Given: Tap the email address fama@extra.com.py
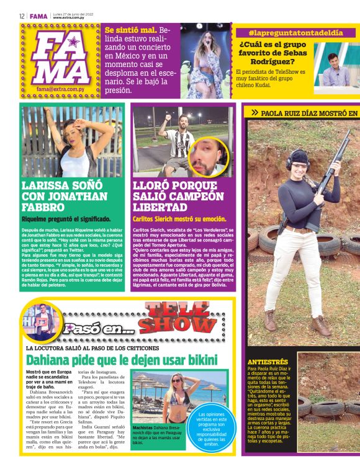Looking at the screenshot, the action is (60, 89).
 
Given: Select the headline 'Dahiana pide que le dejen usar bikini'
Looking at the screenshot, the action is (122, 360).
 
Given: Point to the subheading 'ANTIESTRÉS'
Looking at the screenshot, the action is (268, 361).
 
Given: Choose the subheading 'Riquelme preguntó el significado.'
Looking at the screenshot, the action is (66, 218).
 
